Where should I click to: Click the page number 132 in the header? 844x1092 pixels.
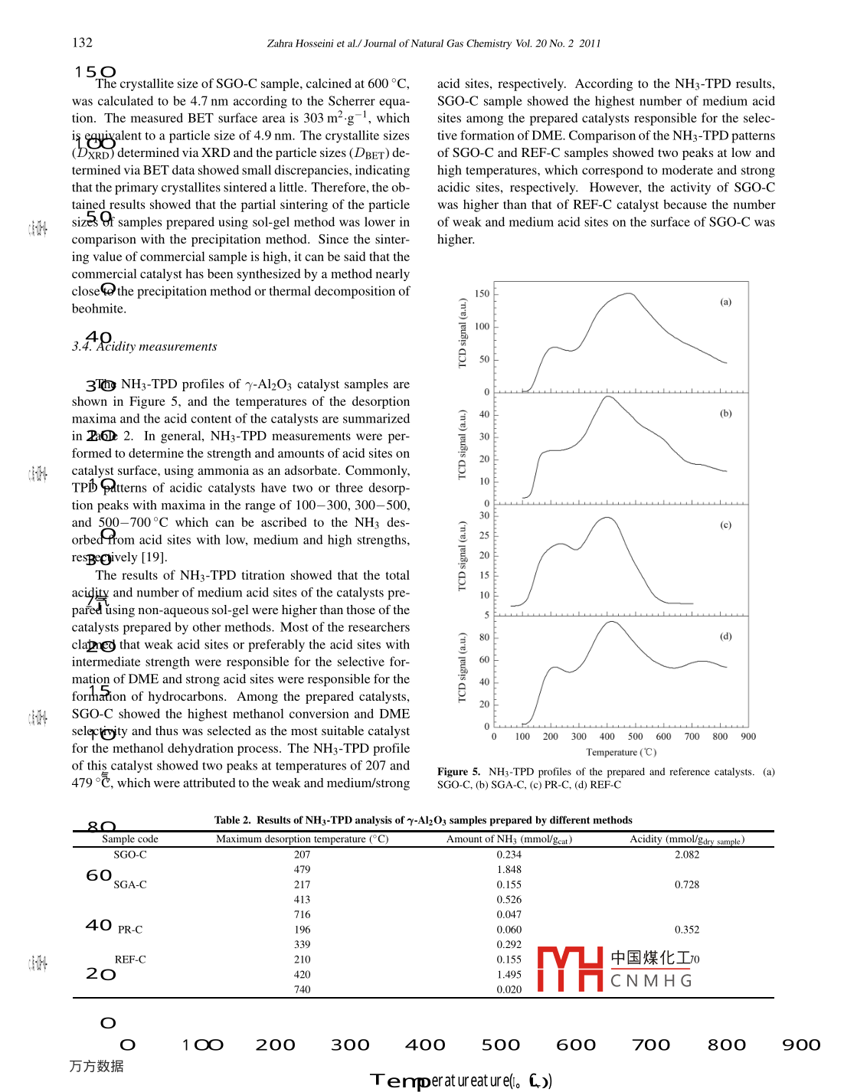click(82, 43)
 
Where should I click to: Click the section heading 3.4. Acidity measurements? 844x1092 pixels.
click(145, 347)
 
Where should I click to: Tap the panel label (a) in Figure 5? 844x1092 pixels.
click(725, 302)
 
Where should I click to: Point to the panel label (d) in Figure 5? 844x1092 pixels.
click(725, 636)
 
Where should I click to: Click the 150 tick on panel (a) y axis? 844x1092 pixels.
click(482, 293)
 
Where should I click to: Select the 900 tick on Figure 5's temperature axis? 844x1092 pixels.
click(748, 737)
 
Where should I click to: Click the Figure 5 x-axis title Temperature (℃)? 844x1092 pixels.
click(621, 752)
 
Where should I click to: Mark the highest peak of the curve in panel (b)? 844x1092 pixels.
click(607, 397)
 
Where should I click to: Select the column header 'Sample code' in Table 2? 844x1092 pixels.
click(130, 839)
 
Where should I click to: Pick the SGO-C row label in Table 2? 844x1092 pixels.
click(130, 855)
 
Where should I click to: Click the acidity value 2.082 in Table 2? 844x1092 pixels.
click(687, 855)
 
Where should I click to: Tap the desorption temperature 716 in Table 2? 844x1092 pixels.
click(303, 914)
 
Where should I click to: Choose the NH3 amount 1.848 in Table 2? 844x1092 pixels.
click(509, 870)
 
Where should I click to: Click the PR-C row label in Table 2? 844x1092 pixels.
click(130, 930)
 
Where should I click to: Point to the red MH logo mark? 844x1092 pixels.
click(570, 969)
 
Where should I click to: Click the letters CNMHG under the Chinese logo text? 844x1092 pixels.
click(651, 981)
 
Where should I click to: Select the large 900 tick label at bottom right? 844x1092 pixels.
click(801, 1045)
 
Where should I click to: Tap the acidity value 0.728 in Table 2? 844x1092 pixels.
click(687, 884)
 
